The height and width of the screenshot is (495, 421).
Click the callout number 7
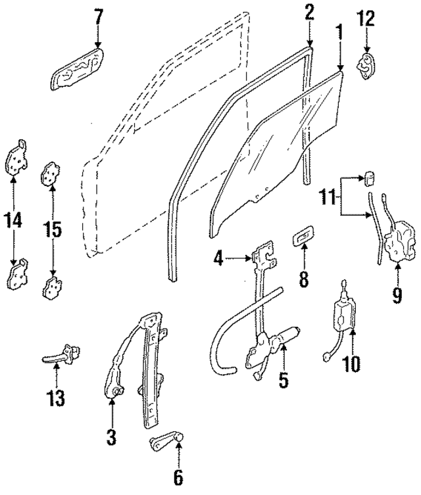(98, 17)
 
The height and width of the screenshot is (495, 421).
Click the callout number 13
(56, 398)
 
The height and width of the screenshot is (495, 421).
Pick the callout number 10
(352, 364)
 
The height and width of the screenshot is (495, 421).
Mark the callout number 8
(303, 279)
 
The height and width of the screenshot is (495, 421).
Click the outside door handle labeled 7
(78, 68)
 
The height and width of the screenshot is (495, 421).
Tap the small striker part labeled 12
(366, 66)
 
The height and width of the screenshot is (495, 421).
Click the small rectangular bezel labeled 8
(304, 238)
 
